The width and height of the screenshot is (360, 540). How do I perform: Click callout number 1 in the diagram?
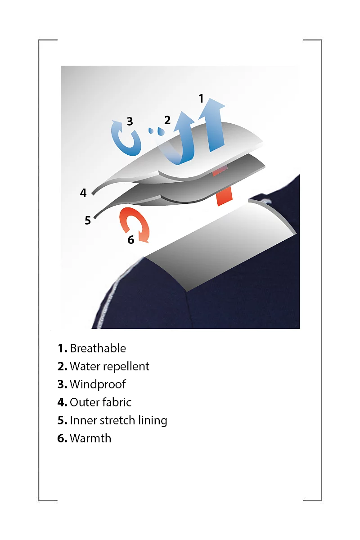[201, 99]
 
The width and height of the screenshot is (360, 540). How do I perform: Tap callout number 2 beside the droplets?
[167, 120]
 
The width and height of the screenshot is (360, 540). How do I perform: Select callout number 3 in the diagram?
[130, 121]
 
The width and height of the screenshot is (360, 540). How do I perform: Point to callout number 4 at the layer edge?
[83, 193]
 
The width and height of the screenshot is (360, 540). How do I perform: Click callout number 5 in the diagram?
[88, 220]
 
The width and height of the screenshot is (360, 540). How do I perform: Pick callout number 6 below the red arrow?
[131, 239]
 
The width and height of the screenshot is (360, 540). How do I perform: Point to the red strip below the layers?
[224, 197]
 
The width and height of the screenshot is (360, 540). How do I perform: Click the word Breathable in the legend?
[98, 348]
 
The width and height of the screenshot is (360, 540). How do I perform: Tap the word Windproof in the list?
[98, 384]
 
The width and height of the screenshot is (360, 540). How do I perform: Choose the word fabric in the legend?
[116, 402]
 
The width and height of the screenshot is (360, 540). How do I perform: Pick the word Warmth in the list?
[90, 438]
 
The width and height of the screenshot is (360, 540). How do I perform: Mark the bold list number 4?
[62, 402]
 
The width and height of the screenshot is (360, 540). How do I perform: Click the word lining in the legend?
[153, 421]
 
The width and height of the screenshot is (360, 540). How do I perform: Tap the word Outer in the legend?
[84, 402]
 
